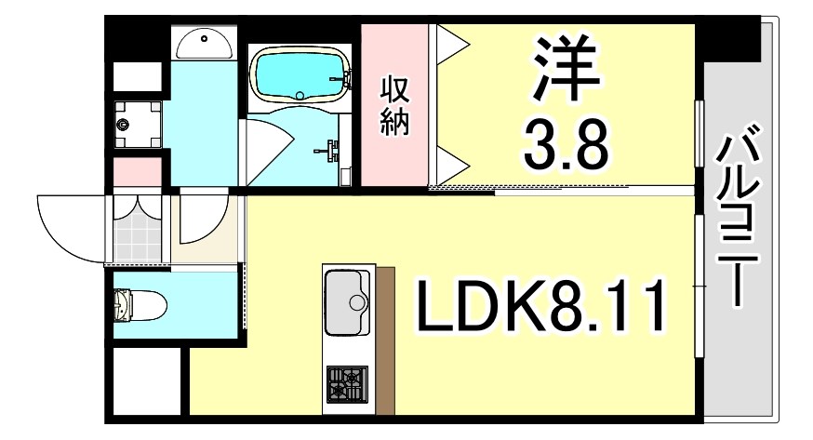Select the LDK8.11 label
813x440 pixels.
click(541, 308)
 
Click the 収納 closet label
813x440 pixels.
click(394, 107)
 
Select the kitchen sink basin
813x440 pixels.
click(347, 300)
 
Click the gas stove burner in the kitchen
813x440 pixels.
click(346, 384)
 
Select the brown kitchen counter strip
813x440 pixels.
click(385, 340)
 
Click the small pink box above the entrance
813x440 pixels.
click(136, 172)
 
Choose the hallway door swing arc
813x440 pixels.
click(203, 219)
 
